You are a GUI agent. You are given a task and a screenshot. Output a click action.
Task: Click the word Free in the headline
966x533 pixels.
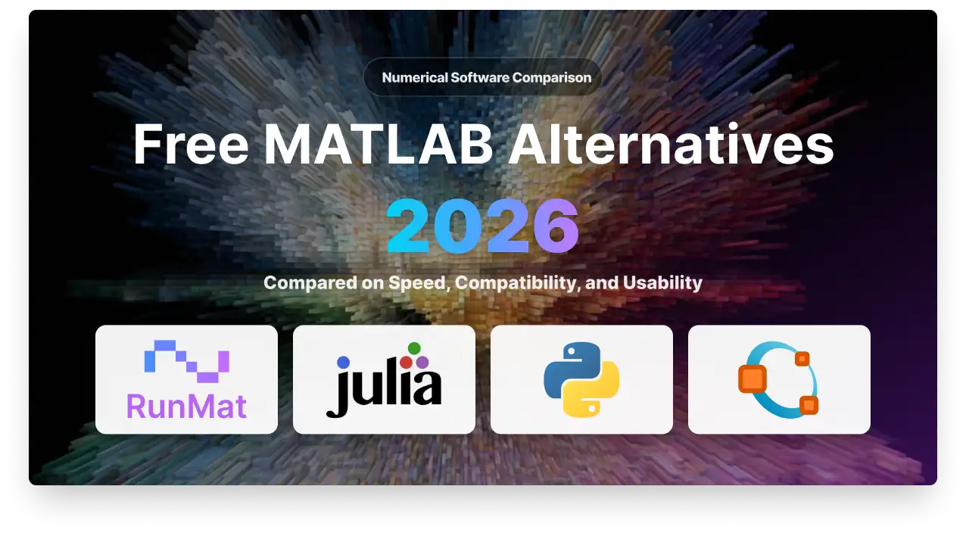tap(191, 144)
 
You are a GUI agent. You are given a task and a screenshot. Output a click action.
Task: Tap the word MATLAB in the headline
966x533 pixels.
tap(379, 144)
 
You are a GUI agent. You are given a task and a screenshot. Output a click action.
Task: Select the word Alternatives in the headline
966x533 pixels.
tap(671, 144)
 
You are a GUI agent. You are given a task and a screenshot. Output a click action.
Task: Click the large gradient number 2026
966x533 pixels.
tap(482, 226)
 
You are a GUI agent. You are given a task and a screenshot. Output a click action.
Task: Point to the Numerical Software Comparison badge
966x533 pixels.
tap(482, 77)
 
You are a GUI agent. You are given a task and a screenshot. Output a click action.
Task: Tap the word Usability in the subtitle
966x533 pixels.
tap(662, 284)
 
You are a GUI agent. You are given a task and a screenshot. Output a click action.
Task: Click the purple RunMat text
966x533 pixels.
tap(186, 407)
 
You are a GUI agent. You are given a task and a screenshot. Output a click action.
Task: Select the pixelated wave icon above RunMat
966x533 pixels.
tap(186, 361)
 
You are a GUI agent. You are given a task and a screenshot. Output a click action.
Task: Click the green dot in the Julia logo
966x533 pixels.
tap(414, 348)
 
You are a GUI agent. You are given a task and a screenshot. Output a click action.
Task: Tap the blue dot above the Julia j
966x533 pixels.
tap(343, 362)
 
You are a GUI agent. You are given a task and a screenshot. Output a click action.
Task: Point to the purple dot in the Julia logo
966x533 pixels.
tap(422, 362)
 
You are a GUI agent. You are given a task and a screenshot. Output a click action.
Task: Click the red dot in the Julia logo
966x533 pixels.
tap(406, 362)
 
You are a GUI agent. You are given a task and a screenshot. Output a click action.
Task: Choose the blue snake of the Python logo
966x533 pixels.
tap(569, 368)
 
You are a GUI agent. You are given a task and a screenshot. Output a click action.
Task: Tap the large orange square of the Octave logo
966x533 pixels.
tap(753, 379)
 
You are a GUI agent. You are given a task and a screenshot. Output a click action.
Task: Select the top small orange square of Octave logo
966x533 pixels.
tap(802, 359)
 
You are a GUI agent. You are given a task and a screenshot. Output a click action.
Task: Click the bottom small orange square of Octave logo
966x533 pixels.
tap(809, 405)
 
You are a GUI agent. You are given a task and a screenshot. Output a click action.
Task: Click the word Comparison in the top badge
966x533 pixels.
tap(552, 78)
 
